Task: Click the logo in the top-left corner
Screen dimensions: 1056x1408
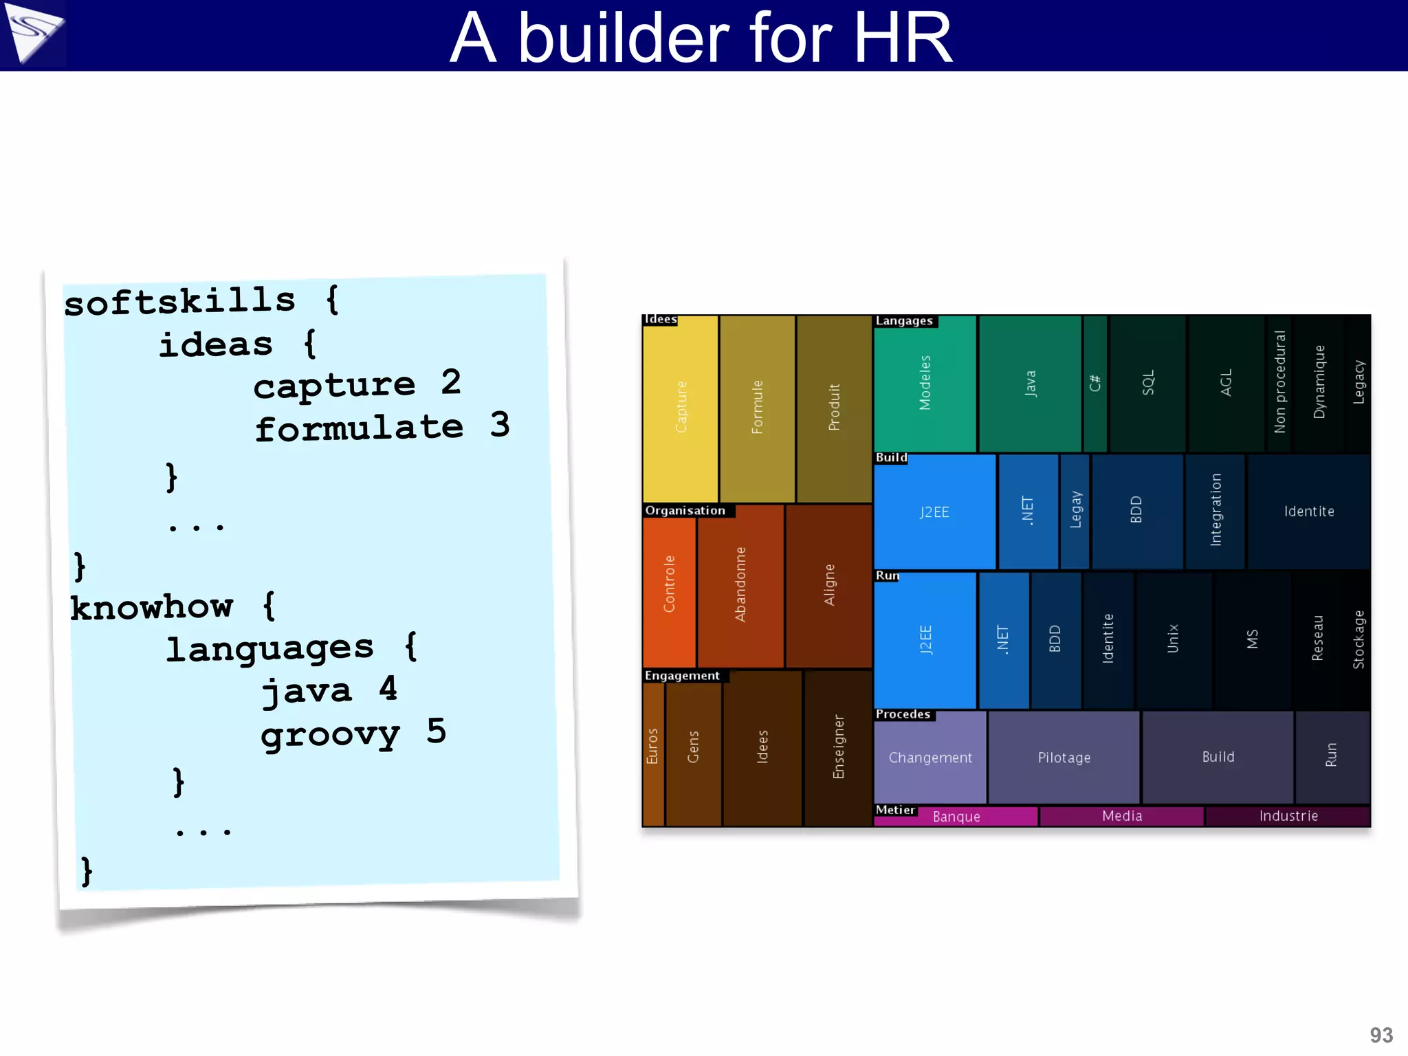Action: [x=33, y=33]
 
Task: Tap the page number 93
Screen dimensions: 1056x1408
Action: [x=1380, y=1035]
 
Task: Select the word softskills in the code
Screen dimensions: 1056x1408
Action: [x=180, y=302]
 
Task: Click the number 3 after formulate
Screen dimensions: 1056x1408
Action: [x=500, y=424]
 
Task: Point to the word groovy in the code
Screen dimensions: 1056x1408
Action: [x=330, y=734]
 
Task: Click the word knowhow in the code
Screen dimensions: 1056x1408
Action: [x=152, y=606]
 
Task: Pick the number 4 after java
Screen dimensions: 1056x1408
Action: [x=388, y=688]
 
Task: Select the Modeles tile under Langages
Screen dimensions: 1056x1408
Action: [x=925, y=383]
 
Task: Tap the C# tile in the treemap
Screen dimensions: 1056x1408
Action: [x=1095, y=383]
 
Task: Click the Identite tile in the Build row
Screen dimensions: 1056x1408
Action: [x=1308, y=511]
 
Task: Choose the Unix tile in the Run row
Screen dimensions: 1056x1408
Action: [x=1173, y=639]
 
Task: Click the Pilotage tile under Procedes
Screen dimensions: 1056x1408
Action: [x=1064, y=758]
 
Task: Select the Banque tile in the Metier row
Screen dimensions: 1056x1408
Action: [x=956, y=817]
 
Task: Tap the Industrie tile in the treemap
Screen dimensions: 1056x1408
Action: [x=1288, y=816]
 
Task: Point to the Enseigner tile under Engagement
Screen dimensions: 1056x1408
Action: [x=838, y=747]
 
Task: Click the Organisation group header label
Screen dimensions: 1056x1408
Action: [x=685, y=511]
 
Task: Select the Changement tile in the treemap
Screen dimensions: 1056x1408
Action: [x=930, y=758]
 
